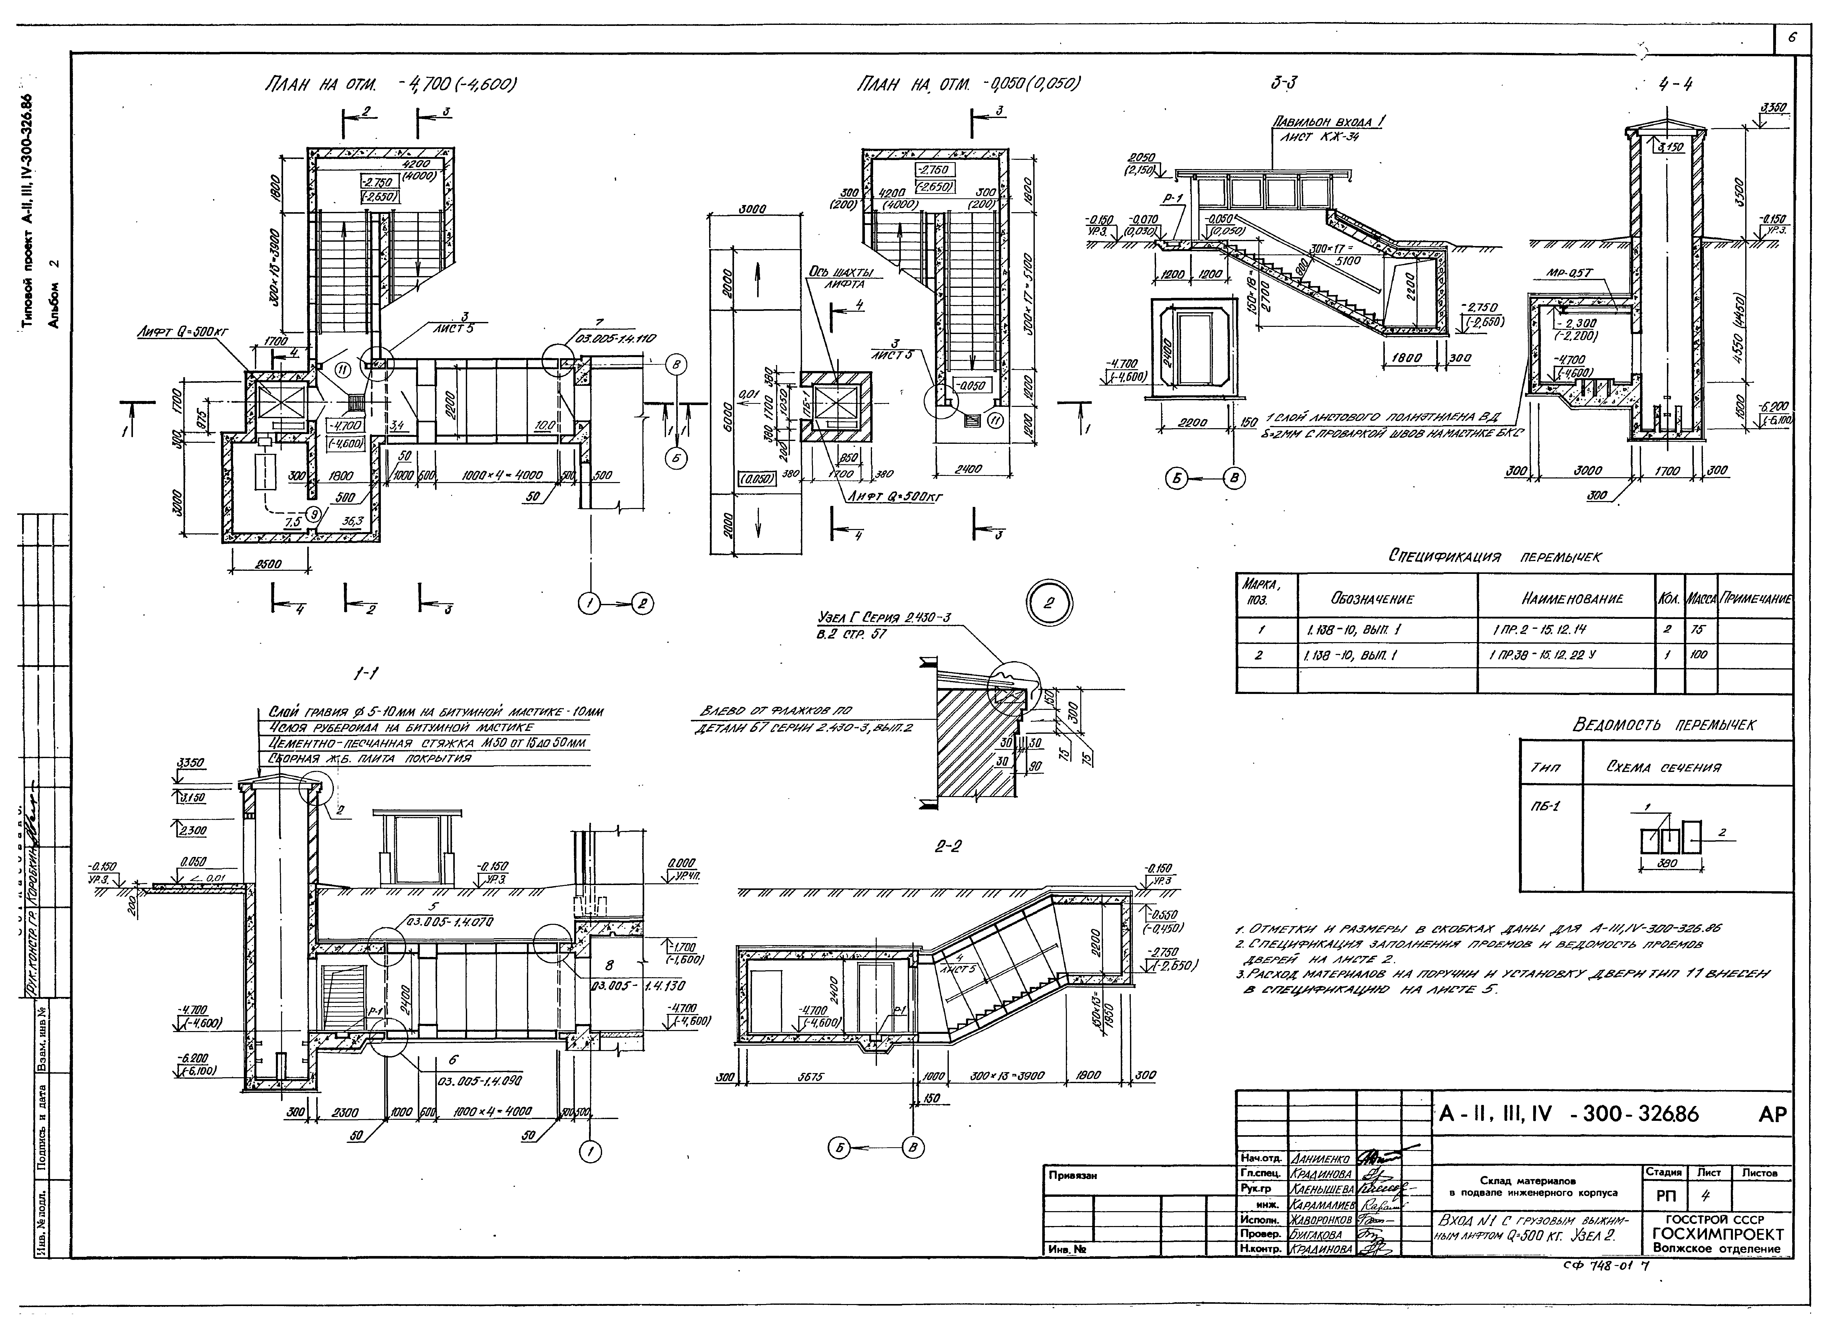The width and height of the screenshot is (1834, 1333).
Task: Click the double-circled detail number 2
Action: click(1049, 603)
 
